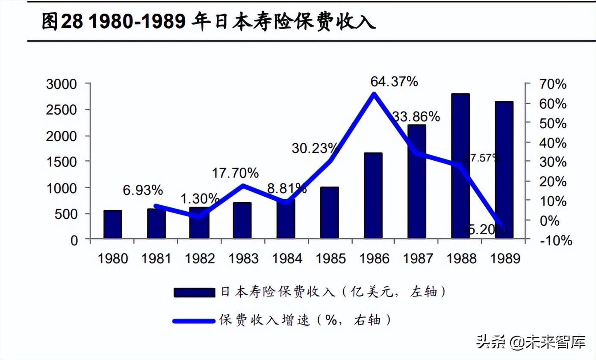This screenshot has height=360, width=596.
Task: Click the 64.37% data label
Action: coord(394,81)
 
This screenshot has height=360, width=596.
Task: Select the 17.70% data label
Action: coord(236,173)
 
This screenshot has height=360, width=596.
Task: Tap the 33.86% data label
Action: coord(416,116)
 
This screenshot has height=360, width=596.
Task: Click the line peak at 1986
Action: coord(374,94)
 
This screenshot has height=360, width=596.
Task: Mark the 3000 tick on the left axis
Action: coord(62,84)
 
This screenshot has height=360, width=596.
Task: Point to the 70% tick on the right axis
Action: coord(553,84)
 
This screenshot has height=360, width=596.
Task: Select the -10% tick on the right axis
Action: coord(555,240)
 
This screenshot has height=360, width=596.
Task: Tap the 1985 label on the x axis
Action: coord(330,259)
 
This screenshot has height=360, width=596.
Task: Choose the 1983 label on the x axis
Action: coord(243,259)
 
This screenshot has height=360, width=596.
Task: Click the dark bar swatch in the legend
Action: coord(194,292)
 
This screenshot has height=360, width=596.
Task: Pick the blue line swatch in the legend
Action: coord(194,320)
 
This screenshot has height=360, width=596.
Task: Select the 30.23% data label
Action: coord(316,148)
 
